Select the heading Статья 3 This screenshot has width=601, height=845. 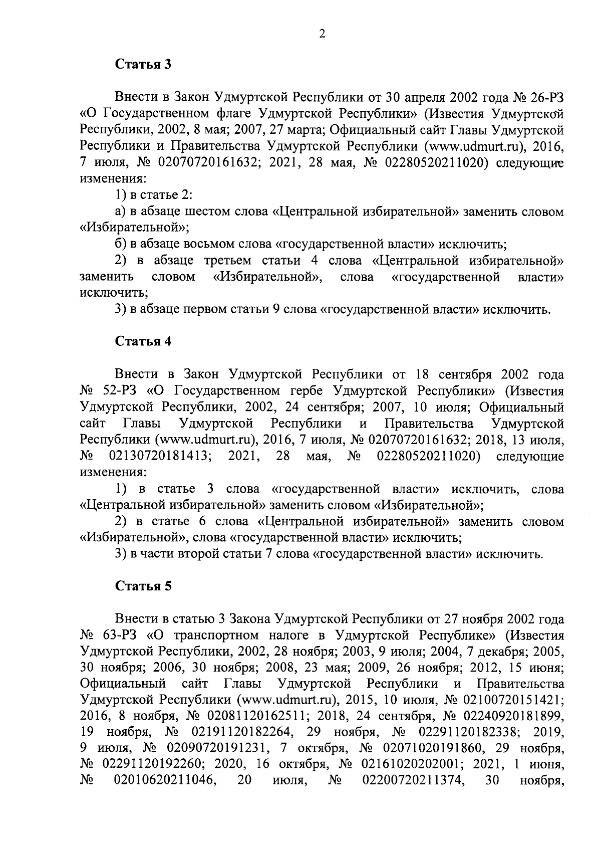tap(144, 64)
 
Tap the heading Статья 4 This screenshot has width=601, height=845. tap(144, 341)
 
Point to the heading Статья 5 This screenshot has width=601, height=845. tap(144, 586)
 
